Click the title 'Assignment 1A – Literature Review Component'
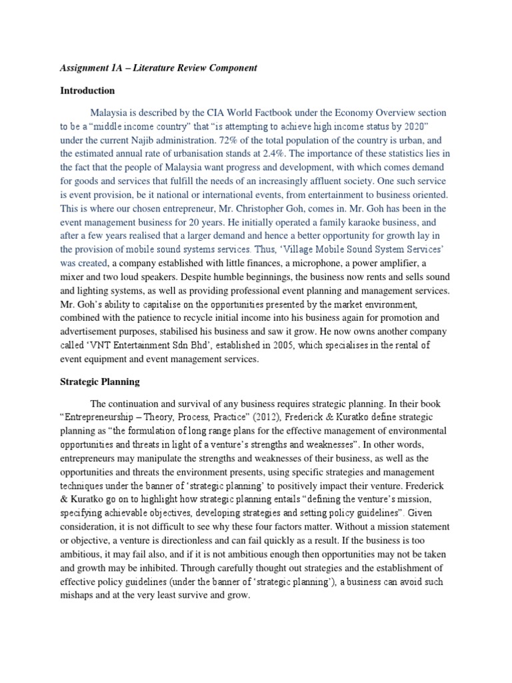coord(157,68)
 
